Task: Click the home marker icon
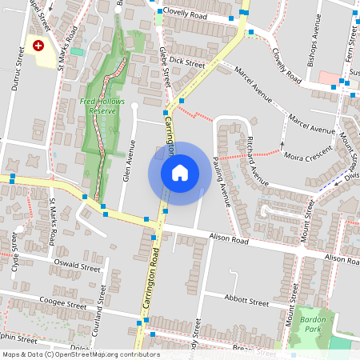(x=180, y=173)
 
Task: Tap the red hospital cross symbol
(x=38, y=46)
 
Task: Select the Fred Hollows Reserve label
(x=98, y=106)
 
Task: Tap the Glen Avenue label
(x=126, y=162)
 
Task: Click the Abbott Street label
(x=247, y=303)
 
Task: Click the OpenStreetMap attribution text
(x=81, y=354)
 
